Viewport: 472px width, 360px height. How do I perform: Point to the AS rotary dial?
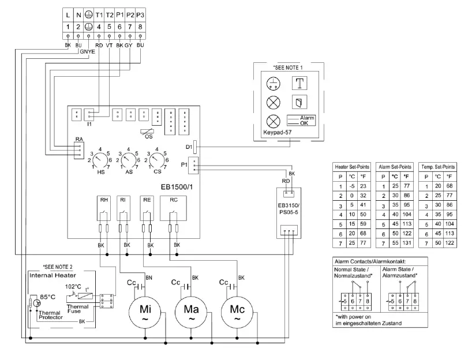[x=128, y=159]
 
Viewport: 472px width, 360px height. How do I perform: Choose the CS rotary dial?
[x=157, y=159]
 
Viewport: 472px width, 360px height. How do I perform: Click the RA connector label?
[x=80, y=138]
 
